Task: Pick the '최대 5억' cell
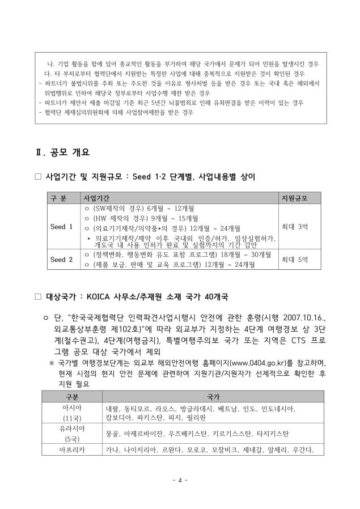click(295, 260)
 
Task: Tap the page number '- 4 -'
click(180, 481)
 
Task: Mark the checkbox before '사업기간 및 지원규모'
click(39, 177)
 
